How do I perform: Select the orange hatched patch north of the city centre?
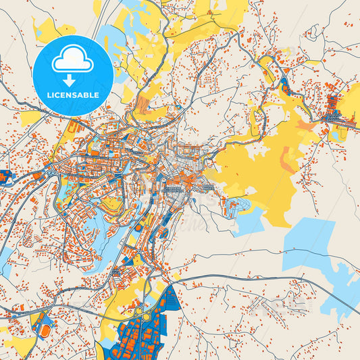[x=143, y=104]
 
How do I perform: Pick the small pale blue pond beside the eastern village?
[x=336, y=134]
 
